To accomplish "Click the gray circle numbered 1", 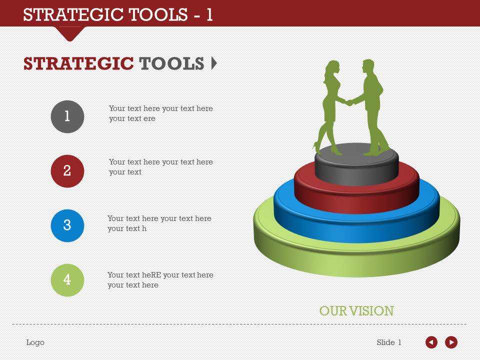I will coord(67,116).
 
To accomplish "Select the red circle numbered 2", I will coord(67,171).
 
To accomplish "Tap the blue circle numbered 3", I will coord(67,225).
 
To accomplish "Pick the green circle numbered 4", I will coord(67,280).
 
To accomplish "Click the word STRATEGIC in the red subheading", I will coord(78,63).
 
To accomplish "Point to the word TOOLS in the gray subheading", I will coord(171,63).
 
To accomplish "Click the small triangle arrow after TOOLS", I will coord(214,63).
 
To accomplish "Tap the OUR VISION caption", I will coord(356,311).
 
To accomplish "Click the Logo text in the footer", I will coord(35,342).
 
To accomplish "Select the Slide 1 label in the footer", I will coord(389,342).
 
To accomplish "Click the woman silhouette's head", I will coord(332,68).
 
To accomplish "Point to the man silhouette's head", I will coord(368,66).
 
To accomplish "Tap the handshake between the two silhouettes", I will coord(349,102).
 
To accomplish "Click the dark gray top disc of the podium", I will coord(356,165).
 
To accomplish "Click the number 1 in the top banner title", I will coord(209,15).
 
